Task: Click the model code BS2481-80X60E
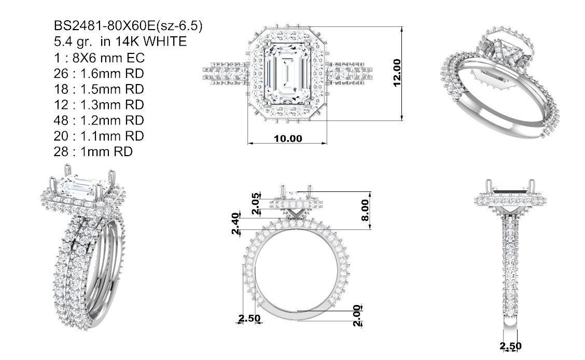click(104, 26)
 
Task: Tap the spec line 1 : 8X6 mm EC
click(99, 58)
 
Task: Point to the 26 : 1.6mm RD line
click(99, 74)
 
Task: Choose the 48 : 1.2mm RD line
click(99, 120)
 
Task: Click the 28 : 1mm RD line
click(93, 151)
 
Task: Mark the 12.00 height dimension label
click(397, 73)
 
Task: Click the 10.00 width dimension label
click(288, 139)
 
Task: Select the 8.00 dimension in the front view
click(365, 210)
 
